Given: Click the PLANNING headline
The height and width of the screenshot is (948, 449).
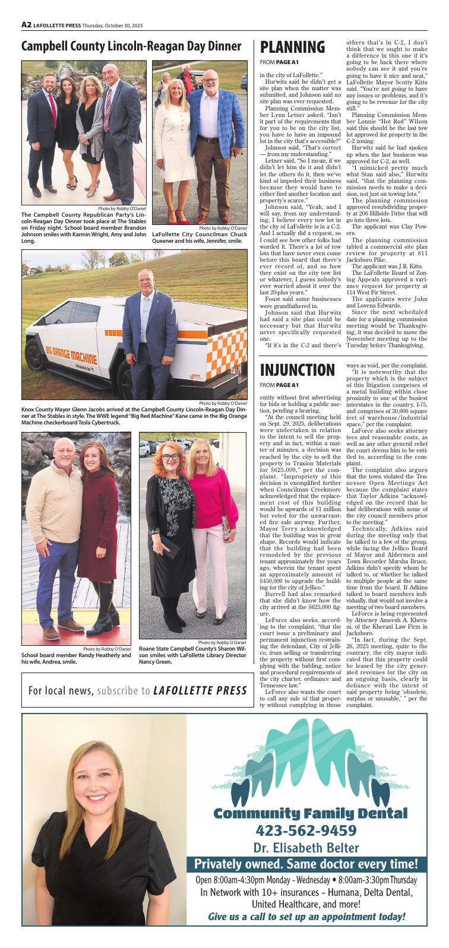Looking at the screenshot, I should click(x=293, y=47).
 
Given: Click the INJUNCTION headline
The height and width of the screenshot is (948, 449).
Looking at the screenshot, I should click(x=298, y=370).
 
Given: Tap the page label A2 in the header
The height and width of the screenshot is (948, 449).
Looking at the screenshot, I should click(x=26, y=25).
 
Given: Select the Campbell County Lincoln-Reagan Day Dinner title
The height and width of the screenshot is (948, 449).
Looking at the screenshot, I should click(x=131, y=47).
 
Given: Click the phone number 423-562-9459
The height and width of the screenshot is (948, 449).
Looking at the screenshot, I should click(x=306, y=829).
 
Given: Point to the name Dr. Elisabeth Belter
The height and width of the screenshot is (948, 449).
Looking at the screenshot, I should click(x=306, y=847).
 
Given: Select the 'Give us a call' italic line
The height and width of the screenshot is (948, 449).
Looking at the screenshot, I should click(x=306, y=917).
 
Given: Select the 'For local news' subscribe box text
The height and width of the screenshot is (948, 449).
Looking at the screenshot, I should click(x=89, y=691).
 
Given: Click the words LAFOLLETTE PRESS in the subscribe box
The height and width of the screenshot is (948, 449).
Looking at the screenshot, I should click(x=200, y=691).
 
